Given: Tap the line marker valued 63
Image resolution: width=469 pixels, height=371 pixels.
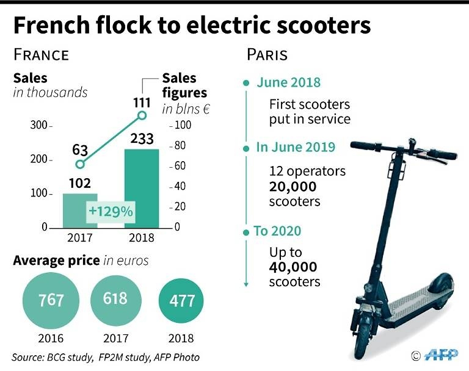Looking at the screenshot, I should coord(79,164).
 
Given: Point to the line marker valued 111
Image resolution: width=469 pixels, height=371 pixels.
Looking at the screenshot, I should coord(142,114).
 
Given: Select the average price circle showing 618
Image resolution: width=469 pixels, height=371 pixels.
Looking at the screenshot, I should coord(115,298).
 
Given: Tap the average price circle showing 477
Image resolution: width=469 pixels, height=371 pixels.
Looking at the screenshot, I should coord(183,301).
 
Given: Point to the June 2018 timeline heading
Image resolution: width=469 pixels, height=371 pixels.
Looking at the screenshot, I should coord(288,83).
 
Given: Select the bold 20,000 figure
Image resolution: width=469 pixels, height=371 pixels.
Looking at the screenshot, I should coord(292,186).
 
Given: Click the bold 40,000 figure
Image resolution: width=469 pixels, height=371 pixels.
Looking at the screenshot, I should coord(293,267).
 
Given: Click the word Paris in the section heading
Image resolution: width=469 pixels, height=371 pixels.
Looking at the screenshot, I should coord(266,54).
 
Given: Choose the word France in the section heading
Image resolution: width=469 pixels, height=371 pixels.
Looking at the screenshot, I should coord(41,54).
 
